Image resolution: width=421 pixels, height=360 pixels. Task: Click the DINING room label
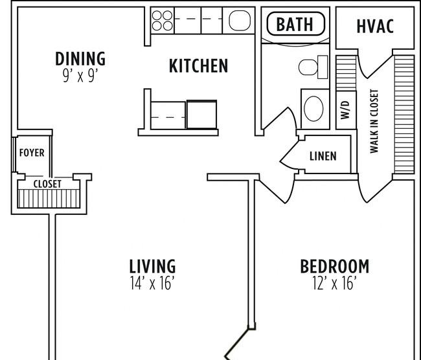coord(80,58)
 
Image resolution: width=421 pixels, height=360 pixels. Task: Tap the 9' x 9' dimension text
coord(80,76)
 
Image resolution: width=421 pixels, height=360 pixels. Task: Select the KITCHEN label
coord(198,66)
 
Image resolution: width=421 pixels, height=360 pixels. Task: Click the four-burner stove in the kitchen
coord(163,21)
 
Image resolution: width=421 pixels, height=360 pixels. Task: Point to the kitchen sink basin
coord(240,21)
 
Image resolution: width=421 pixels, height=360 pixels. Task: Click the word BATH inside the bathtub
coord(295,24)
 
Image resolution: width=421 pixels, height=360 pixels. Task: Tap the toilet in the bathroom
coord(313,67)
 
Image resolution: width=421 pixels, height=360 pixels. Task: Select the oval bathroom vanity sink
coord(313,109)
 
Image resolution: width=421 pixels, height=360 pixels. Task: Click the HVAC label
coord(375,26)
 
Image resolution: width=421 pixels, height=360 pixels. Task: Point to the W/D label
coord(346,110)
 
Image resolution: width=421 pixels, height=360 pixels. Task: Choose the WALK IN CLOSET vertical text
coord(374,121)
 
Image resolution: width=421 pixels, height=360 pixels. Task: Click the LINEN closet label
coord(323,156)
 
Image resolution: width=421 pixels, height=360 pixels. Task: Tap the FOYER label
coord(32,153)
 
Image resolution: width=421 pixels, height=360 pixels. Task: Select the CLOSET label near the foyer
coord(47,184)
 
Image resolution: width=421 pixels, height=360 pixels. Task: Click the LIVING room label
coord(152,266)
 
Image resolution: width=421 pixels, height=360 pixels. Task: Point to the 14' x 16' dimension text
coord(152,283)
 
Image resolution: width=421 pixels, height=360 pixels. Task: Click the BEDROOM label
coord(334,266)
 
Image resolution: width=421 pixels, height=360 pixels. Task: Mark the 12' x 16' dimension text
coord(334,283)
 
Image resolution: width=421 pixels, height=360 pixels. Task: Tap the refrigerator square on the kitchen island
coord(201,115)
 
